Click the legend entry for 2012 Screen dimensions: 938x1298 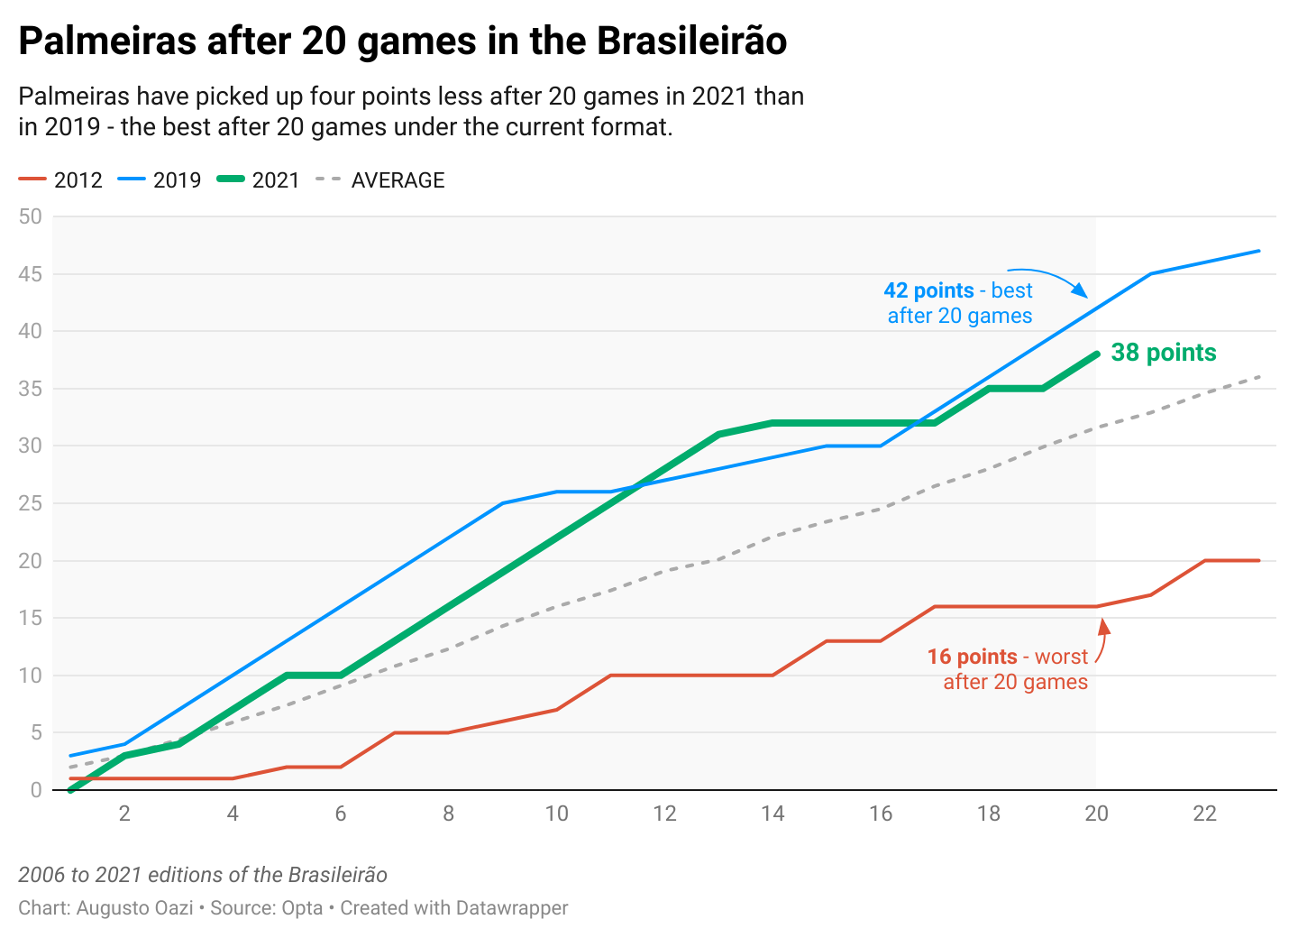[60, 180]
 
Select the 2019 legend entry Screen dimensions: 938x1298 [160, 180]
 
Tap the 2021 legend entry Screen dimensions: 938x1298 [259, 180]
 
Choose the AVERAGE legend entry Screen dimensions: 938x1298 [380, 180]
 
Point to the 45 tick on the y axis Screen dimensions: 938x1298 [31, 274]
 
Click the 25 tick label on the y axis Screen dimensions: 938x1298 [31, 503]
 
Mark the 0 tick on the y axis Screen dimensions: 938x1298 [36, 790]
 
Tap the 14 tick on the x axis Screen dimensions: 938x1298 [772, 814]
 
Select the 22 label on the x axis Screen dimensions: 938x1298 [1204, 814]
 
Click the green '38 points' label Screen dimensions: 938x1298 [1164, 353]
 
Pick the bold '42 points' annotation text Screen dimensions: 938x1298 [928, 290]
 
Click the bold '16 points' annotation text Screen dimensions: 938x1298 [972, 657]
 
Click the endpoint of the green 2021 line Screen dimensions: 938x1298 [1097, 354]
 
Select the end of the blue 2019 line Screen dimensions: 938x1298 [1258, 251]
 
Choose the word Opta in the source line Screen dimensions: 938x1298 [303, 907]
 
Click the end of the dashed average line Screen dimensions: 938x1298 [1258, 377]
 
